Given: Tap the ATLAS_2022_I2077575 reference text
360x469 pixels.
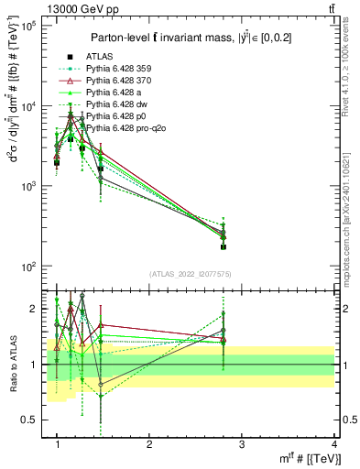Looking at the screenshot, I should tap(191, 274).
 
